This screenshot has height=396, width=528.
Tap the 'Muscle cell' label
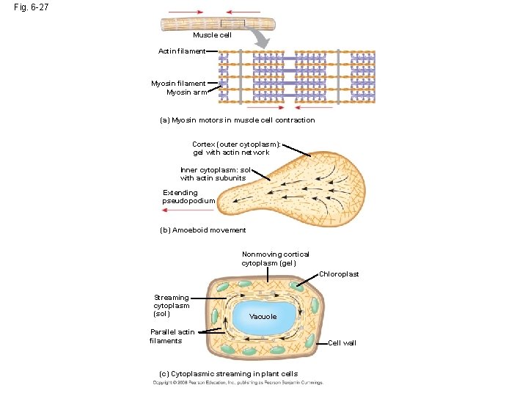click(x=212, y=35)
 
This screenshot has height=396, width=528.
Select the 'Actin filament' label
click(x=182, y=51)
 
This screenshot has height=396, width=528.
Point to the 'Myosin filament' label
click(x=178, y=84)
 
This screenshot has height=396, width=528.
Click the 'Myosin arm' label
click(x=186, y=92)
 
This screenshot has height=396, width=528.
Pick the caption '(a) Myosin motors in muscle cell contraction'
click(x=237, y=120)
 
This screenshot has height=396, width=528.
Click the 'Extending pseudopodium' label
click(x=188, y=197)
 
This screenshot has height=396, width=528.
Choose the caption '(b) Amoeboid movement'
click(x=202, y=230)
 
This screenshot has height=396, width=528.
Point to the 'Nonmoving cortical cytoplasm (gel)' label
click(x=275, y=258)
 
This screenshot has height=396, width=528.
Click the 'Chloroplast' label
click(x=339, y=274)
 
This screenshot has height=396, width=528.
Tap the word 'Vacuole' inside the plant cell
click(x=263, y=317)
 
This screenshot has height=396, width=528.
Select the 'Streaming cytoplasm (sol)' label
click(x=172, y=306)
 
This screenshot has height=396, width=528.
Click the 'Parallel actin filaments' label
click(x=172, y=336)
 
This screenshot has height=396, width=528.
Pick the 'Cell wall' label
click(x=342, y=343)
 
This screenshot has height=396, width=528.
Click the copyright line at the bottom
click(x=238, y=383)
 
